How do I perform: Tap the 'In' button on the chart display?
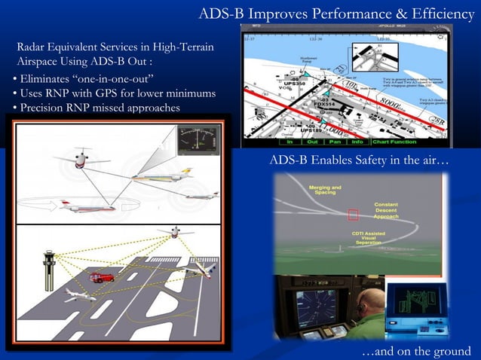pyautogui.click(x=289, y=142)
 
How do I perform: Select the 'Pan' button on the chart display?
pyautogui.click(x=334, y=142)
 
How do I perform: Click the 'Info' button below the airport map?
pyautogui.click(x=357, y=142)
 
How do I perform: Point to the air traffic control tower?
pyautogui.click(x=50, y=270)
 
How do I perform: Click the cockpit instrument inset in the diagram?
pyautogui.click(x=198, y=142)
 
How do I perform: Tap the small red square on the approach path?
pyautogui.click(x=353, y=215)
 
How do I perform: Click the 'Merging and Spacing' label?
pyautogui.click(x=325, y=190)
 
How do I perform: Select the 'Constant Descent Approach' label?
pyautogui.click(x=391, y=210)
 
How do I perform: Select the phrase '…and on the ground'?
pyautogui.click(x=416, y=352)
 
